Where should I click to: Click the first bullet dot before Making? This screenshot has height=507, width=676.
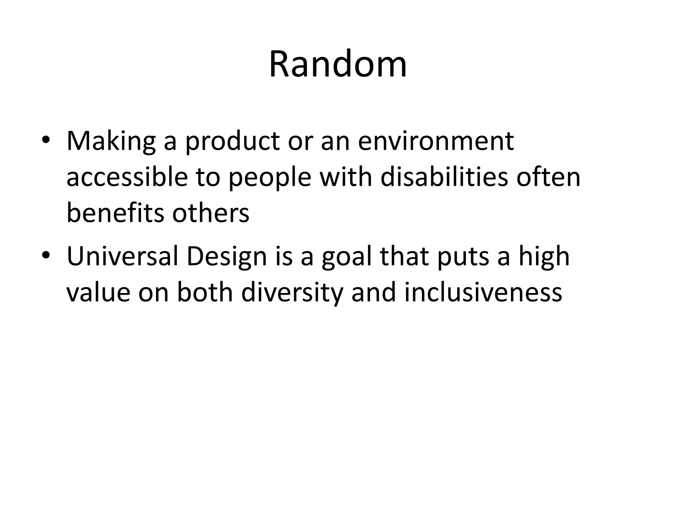[x=46, y=140]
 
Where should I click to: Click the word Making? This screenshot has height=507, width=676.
[x=111, y=141]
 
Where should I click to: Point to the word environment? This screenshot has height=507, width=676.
[x=436, y=141]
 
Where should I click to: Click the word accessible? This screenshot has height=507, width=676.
[x=127, y=177]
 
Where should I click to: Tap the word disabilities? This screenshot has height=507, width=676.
[x=444, y=177]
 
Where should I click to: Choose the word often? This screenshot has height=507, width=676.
[x=548, y=177]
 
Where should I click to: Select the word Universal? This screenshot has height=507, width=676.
[x=122, y=256]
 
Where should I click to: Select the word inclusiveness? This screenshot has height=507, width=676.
[x=483, y=292]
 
